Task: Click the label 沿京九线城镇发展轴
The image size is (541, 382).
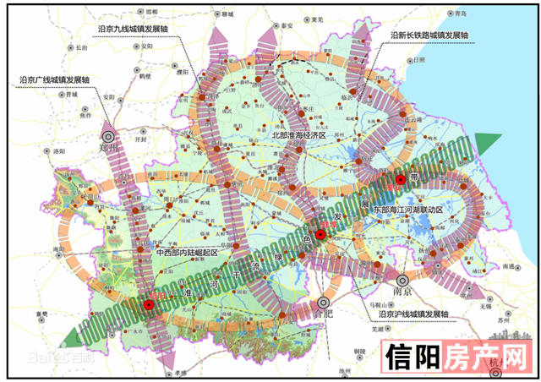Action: (x=134, y=28)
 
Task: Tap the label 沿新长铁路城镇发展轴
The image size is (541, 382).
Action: (x=429, y=35)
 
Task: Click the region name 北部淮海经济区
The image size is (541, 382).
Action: (x=298, y=135)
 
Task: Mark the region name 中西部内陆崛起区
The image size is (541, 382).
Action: (x=187, y=253)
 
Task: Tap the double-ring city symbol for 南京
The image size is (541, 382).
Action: (x=403, y=278)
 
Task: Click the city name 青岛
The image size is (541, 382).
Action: (x=459, y=14)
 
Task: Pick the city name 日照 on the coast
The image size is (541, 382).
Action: (x=420, y=62)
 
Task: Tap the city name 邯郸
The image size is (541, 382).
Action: (x=152, y=13)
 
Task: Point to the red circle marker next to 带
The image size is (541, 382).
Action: (x=401, y=180)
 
